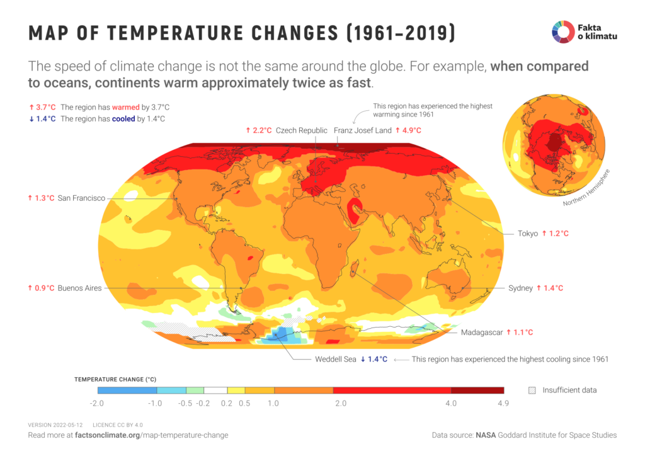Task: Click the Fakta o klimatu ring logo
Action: click(x=564, y=32)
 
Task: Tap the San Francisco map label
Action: click(x=81, y=198)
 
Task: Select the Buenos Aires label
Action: click(x=79, y=288)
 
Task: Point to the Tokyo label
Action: click(x=528, y=233)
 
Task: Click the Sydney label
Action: click(x=520, y=288)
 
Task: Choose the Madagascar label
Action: click(x=482, y=332)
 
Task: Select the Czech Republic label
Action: click(x=302, y=130)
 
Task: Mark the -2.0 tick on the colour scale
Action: click(x=97, y=403)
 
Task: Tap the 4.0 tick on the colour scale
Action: click(x=451, y=403)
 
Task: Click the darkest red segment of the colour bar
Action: click(x=477, y=390)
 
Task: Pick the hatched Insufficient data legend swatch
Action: click(x=532, y=390)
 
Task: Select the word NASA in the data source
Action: click(x=486, y=435)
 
